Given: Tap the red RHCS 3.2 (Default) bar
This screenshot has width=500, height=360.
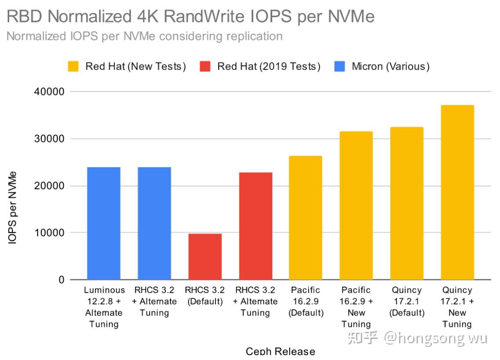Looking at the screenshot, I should click(205, 256).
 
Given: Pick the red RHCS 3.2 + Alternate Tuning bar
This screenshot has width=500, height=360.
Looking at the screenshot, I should click(255, 226).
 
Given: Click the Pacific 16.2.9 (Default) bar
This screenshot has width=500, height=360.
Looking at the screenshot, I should click(306, 218).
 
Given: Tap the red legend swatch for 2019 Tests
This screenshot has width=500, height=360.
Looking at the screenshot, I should click(206, 67).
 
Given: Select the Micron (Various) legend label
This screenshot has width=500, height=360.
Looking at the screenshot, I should click(390, 67).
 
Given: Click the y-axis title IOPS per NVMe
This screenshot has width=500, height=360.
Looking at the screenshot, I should click(13, 207).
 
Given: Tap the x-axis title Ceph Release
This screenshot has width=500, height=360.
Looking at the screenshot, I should click(280, 351).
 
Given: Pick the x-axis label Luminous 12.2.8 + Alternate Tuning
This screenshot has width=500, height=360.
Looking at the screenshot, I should click(104, 307).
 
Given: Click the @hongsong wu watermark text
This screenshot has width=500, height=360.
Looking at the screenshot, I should click(435, 338).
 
